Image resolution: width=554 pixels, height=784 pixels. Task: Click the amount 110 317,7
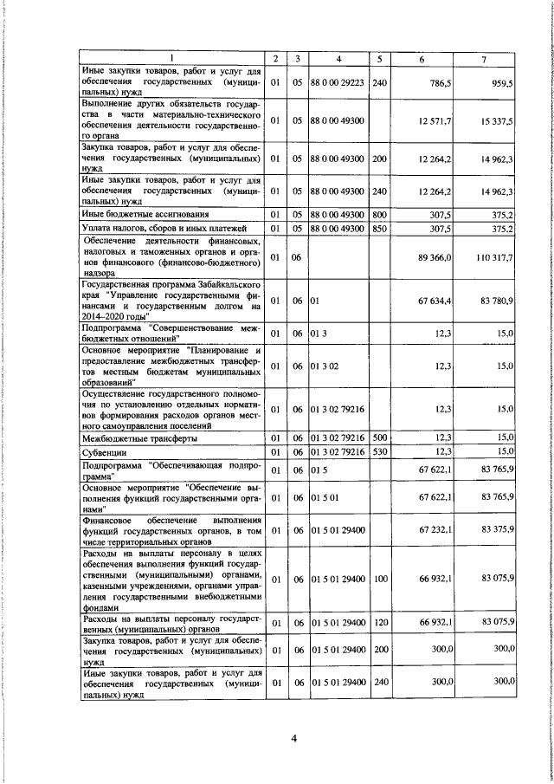495,257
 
